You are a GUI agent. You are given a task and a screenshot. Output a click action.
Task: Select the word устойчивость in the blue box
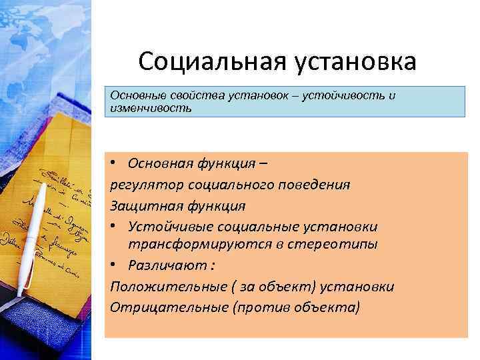click(x=341, y=95)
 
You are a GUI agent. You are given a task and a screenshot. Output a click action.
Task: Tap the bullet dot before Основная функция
click(x=115, y=164)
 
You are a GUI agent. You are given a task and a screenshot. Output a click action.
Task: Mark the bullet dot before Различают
click(x=115, y=265)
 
